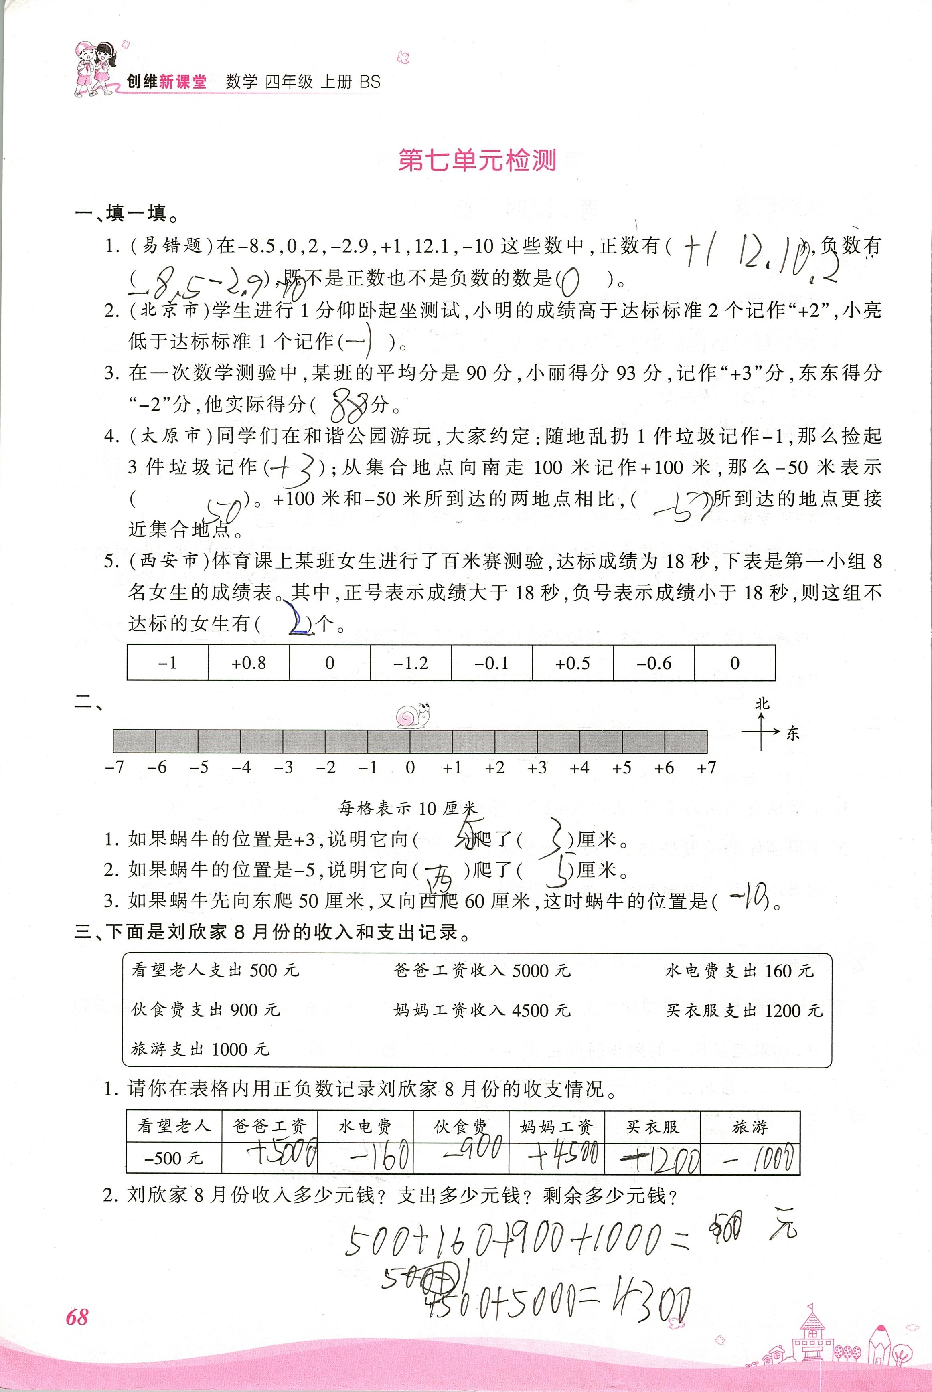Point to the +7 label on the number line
tap(706, 768)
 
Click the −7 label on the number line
tap(114, 768)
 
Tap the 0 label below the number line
tap(410, 768)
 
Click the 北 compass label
tap(762, 704)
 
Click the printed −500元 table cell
tap(174, 1158)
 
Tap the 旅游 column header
tap(750, 1127)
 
